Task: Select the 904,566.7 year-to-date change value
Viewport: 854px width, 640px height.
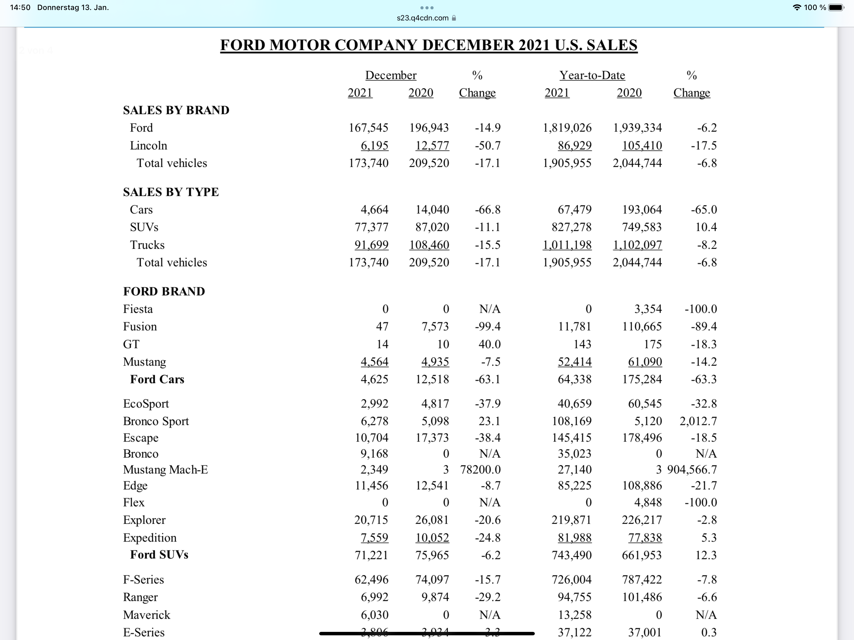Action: pos(691,469)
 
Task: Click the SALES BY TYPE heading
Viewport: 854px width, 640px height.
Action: pos(171,192)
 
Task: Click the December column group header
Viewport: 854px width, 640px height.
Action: pos(391,75)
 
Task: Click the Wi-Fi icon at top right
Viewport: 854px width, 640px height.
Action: pos(796,7)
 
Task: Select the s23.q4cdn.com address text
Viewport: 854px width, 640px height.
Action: pos(422,18)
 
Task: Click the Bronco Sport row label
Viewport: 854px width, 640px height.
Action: pos(156,421)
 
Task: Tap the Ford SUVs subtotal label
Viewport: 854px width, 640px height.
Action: pos(159,555)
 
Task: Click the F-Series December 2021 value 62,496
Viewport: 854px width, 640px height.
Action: pos(371,579)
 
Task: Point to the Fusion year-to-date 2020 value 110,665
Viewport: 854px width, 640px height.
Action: pos(642,327)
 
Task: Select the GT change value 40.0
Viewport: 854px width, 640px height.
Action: pos(489,344)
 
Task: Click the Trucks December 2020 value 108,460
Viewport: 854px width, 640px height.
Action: pos(429,245)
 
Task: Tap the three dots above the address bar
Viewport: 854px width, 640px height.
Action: pos(427,8)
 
